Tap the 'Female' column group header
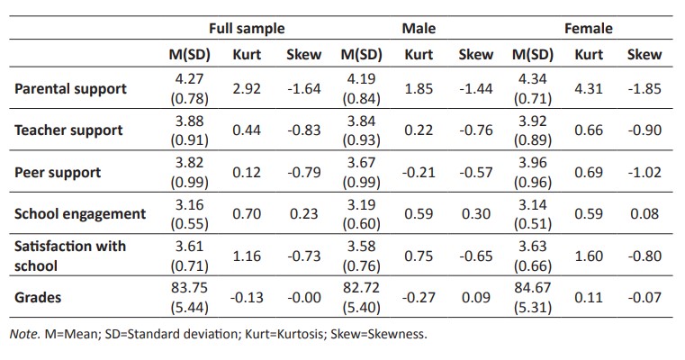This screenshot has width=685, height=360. [588, 28]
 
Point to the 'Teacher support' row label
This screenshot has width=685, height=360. [68, 130]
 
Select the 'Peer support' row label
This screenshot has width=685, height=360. [58, 171]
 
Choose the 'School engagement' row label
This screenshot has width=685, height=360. [80, 213]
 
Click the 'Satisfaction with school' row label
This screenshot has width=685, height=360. [70, 256]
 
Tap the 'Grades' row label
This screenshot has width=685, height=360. [39, 297]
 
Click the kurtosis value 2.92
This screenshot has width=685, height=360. [246, 89]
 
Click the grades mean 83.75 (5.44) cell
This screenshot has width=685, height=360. [188, 297]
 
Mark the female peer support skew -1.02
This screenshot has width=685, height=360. [644, 171]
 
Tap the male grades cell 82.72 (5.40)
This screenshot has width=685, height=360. [360, 297]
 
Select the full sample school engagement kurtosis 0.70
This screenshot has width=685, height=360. [246, 213]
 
